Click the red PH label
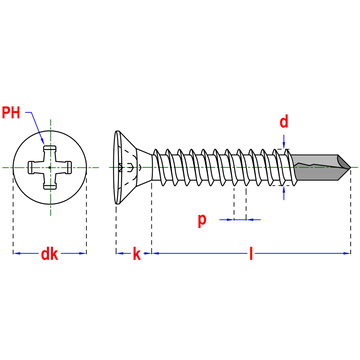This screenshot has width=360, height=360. (11, 112)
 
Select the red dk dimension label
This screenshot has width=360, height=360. (49, 254)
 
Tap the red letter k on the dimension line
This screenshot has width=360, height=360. (137, 254)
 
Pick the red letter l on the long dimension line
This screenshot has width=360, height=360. (251, 254)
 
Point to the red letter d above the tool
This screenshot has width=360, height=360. (284, 122)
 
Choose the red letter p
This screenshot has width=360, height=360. (202, 220)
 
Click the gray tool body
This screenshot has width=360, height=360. (315, 167)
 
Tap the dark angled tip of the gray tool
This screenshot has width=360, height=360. (345, 162)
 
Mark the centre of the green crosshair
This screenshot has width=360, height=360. (50, 167)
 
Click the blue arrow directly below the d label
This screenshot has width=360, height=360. (284, 142)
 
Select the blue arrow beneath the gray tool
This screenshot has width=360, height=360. (284, 192)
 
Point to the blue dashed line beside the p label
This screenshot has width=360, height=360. (240, 219)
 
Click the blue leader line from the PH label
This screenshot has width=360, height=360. (36, 124)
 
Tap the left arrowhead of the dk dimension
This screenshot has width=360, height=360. (17, 253)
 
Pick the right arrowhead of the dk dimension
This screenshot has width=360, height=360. (82, 253)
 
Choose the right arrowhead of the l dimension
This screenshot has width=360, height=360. (346, 253)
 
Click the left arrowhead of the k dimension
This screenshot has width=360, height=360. (121, 253)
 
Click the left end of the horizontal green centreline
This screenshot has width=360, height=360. (3, 167)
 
